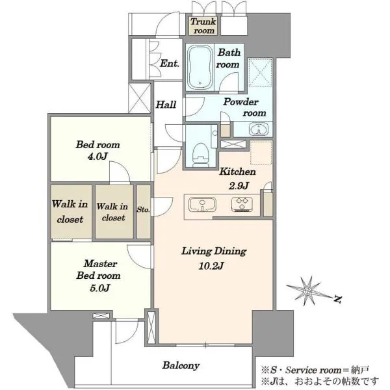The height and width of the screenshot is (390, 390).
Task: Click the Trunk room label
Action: [x=203, y=26]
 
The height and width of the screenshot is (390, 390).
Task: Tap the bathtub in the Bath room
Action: [x=200, y=67]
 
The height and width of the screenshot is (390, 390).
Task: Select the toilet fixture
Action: [x=201, y=155]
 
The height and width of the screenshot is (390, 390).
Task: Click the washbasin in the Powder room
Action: [x=259, y=129]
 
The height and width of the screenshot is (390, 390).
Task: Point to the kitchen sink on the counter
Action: [x=202, y=205]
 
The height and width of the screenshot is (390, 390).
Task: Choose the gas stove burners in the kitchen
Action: [x=242, y=205]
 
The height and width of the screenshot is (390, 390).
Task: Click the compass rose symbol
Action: [x=308, y=291]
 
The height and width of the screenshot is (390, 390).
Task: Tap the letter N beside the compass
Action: [x=337, y=299]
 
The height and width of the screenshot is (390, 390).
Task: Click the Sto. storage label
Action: [x=143, y=209]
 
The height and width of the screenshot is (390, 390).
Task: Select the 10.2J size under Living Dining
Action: [x=211, y=266]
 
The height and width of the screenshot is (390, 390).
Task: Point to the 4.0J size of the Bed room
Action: [x=97, y=157]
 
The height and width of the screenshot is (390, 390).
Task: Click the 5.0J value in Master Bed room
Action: [x=99, y=288]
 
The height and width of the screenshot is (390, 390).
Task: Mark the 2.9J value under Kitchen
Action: [x=239, y=185]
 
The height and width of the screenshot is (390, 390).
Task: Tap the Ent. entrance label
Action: [x=170, y=64]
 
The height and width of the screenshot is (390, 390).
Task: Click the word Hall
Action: [x=166, y=105]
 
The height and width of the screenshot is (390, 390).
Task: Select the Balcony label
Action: [x=181, y=365]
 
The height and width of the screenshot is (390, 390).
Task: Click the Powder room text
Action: [x=244, y=107]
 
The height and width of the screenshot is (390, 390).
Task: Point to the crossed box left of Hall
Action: [x=140, y=98]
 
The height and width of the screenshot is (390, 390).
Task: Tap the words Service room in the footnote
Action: [x=313, y=370]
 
